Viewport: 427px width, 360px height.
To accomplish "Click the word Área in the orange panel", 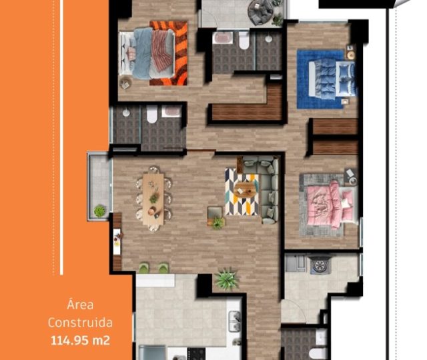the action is pyautogui.click(x=80, y=305).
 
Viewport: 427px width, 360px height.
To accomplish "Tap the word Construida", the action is pyautogui.click(x=80, y=323).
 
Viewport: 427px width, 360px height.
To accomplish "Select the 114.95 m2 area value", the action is pyautogui.click(x=80, y=341).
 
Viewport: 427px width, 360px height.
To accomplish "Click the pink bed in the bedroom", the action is pyautogui.click(x=331, y=204).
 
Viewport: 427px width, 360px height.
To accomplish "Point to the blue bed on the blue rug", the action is pyautogui.click(x=332, y=79).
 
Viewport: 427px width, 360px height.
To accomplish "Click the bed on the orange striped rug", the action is pyautogui.click(x=147, y=53).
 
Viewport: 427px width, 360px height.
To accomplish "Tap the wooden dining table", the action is pyautogui.click(x=153, y=199).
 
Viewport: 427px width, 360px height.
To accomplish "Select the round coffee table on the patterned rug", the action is pyautogui.click(x=245, y=189).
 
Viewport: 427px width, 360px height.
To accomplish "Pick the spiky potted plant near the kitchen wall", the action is pyautogui.click(x=227, y=279).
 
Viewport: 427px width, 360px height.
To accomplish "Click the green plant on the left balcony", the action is pyautogui.click(x=99, y=211).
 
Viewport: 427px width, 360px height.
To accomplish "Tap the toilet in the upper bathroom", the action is pyautogui.click(x=244, y=41).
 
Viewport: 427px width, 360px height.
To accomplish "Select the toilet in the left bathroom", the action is pyautogui.click(x=152, y=114).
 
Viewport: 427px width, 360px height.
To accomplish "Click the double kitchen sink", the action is pyautogui.click(x=234, y=321).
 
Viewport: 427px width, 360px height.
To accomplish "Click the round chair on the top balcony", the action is pyautogui.click(x=260, y=11).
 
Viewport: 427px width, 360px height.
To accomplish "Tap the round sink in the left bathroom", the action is pyautogui.click(x=126, y=113).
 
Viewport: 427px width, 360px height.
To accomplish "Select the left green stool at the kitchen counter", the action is pyautogui.click(x=144, y=268).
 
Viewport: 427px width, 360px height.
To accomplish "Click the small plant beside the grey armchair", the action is pyautogui.click(x=218, y=223).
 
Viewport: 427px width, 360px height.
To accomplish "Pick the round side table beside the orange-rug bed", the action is pyautogui.click(x=126, y=83).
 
